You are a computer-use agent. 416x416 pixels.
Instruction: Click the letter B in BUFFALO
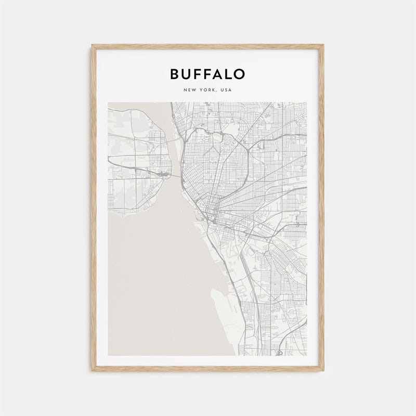point(175,74)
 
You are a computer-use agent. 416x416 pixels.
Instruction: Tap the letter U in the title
point(187,74)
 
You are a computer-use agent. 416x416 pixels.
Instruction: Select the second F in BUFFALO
point(209,74)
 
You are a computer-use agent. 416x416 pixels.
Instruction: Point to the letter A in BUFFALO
point(219,74)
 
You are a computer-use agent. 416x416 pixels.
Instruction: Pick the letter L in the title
point(229,74)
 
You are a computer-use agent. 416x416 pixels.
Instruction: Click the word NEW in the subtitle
point(189,90)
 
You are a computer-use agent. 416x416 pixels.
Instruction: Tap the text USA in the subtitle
point(226,90)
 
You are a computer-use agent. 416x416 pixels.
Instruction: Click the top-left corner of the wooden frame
point(93,46)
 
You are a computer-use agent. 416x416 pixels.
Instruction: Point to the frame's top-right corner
point(322,46)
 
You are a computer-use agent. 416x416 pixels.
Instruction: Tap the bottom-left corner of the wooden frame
point(93,370)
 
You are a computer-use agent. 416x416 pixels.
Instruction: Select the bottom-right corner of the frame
point(322,370)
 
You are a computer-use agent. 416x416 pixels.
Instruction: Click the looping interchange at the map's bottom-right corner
point(279,352)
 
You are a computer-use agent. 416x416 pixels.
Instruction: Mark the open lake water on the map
point(156,281)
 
